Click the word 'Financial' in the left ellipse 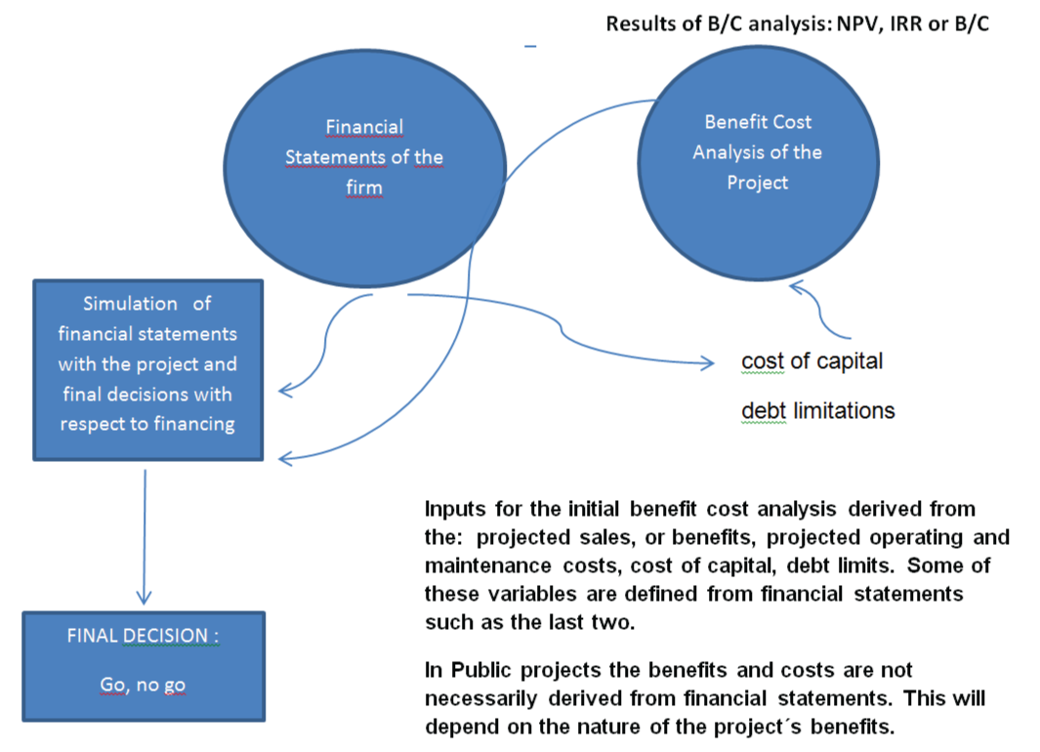(364, 127)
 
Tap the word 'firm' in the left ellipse (364, 188)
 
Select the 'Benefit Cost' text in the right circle (758, 122)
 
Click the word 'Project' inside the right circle (758, 183)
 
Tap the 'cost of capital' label (811, 361)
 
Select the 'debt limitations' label (817, 411)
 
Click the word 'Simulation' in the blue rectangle (130, 304)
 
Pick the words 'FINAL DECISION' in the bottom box (138, 635)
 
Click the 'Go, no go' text (143, 685)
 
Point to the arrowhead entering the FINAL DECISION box (144, 597)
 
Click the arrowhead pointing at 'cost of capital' (707, 362)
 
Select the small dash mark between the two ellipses (530, 47)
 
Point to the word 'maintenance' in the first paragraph (487, 565)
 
